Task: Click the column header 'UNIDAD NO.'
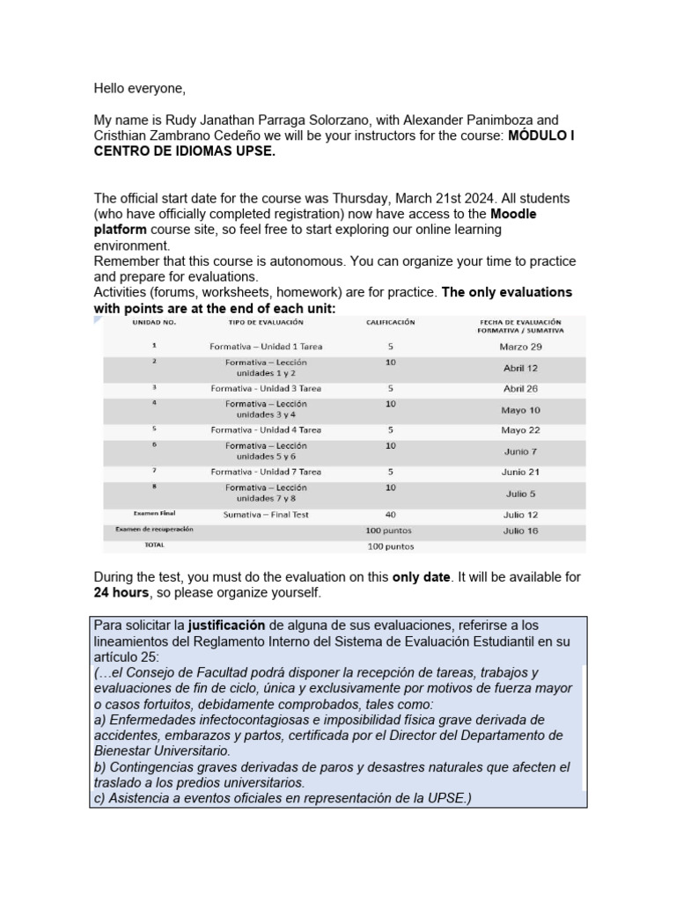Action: pos(154,323)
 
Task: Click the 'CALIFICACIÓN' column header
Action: pos(390,323)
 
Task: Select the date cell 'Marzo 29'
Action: pos(520,347)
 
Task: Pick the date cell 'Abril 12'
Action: pos(520,368)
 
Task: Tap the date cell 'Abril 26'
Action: pos(520,388)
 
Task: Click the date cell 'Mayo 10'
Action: pos(520,409)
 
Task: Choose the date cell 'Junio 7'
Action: pos(520,451)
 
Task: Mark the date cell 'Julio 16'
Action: pos(520,531)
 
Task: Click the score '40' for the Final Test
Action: pos(390,515)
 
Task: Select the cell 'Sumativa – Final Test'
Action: pos(266,515)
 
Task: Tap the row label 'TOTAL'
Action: pos(154,546)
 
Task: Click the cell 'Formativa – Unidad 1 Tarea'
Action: pos(266,347)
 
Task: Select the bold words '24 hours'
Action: pos(121,593)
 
